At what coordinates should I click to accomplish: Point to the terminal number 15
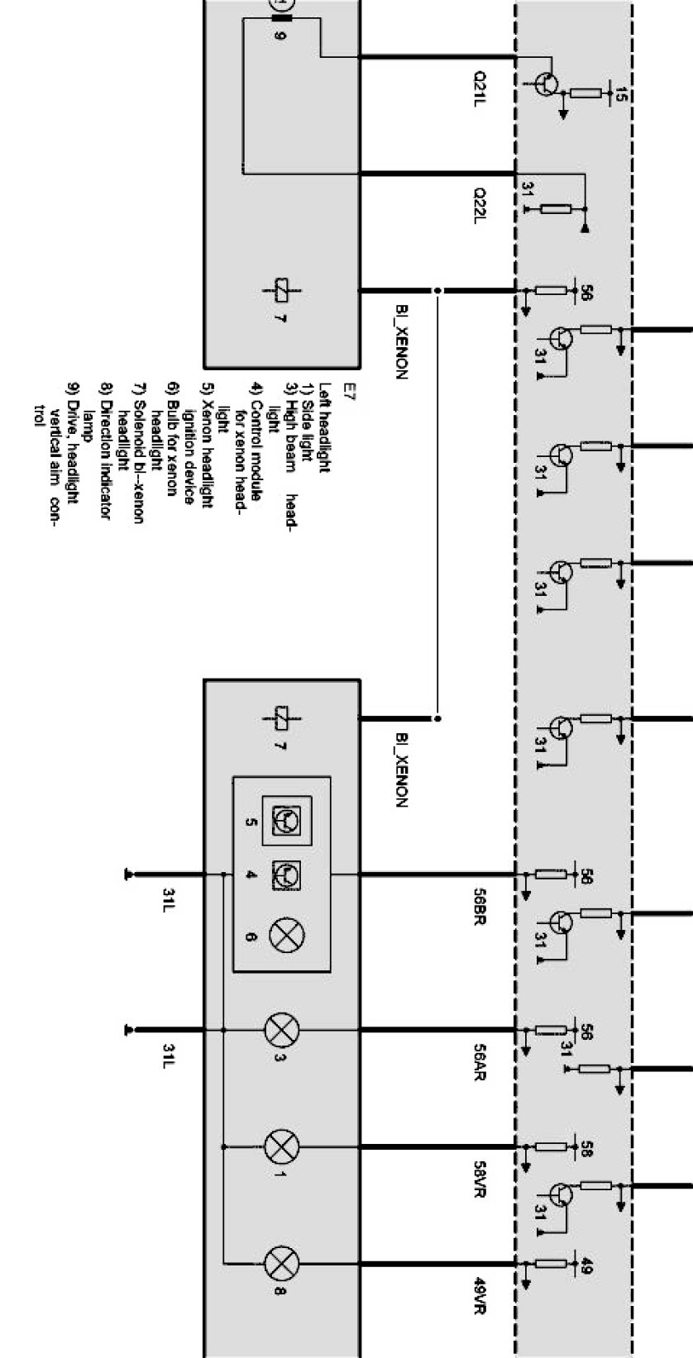620,96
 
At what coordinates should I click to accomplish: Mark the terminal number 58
585,1149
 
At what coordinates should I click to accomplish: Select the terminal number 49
585,1265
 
